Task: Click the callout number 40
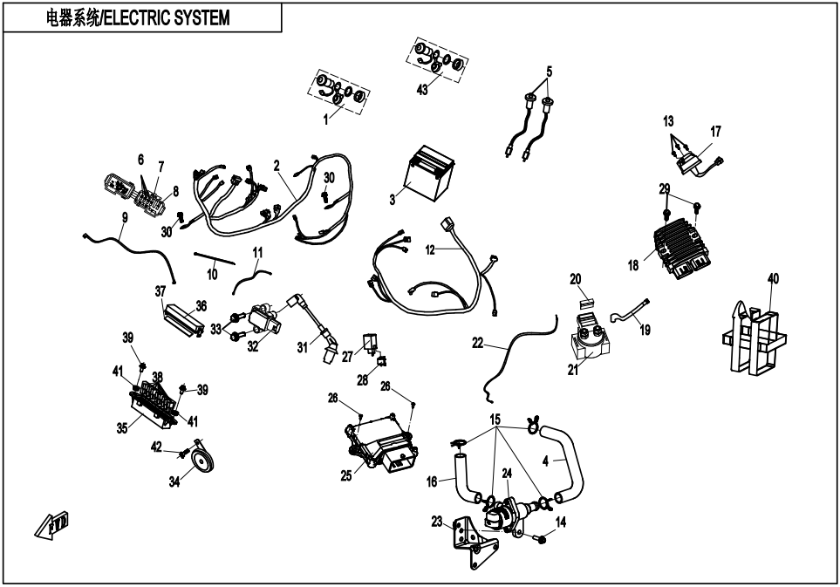pos(773,279)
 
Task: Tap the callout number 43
pos(422,91)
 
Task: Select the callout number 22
pos(477,343)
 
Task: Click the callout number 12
pos(430,249)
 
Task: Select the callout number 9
pos(125,217)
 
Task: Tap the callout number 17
pos(715,131)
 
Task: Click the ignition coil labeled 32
pos(263,317)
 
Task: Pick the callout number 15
pos(495,419)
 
